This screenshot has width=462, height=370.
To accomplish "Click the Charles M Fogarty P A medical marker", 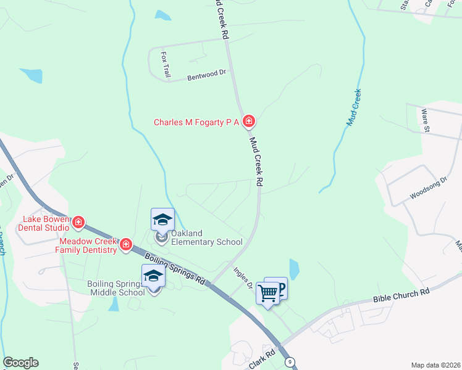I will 248,121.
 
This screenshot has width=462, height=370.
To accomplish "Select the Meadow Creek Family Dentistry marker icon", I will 126,245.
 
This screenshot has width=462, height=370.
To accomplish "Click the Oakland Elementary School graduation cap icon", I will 162,220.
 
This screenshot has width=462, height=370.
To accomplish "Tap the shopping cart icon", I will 268,292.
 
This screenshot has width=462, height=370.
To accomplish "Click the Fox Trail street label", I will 166,64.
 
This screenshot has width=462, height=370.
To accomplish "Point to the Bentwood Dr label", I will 207,75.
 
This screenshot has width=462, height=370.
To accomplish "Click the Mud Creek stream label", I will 353,107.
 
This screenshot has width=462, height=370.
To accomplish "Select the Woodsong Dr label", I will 427,189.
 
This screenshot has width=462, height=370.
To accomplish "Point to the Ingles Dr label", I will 243,277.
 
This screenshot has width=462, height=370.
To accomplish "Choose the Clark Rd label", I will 261,362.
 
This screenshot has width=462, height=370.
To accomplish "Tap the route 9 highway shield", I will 289,362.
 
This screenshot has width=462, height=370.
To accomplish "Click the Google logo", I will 20,363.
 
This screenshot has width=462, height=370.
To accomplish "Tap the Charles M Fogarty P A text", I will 196,122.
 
